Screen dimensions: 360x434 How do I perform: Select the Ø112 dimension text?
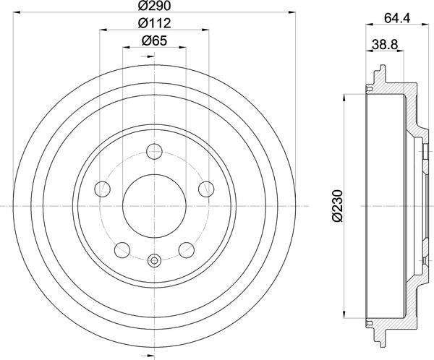click(154, 23)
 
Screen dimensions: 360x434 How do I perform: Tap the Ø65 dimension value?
click(154, 40)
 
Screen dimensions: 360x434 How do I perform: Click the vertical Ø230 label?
click(335, 205)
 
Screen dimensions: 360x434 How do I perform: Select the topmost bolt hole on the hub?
click(154, 152)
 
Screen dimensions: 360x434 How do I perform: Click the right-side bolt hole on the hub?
click(205, 189)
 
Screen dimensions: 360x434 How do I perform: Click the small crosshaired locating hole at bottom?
click(154, 260)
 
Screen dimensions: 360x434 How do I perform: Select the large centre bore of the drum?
click(154, 205)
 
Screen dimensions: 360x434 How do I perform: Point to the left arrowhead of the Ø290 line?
click(18, 13)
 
